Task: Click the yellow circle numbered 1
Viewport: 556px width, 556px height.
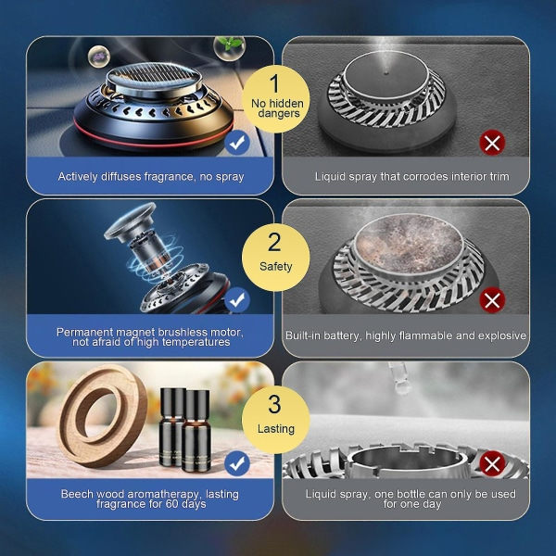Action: tap(275, 99)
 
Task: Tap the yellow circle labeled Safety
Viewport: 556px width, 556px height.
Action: tap(275, 258)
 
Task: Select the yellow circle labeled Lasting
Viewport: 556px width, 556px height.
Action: tap(275, 420)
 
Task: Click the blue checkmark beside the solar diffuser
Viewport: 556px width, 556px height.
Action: tap(237, 142)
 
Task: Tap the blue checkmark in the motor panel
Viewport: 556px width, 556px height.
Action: tap(237, 300)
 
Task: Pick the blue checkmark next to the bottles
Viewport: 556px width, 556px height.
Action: tap(237, 463)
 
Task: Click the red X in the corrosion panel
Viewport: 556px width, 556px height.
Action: tap(492, 143)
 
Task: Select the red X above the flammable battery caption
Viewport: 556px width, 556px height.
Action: tap(492, 300)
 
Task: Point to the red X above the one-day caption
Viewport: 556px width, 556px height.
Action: tap(492, 463)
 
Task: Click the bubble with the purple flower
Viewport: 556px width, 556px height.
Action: tap(99, 56)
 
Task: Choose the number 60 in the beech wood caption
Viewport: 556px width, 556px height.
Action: tap(172, 504)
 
